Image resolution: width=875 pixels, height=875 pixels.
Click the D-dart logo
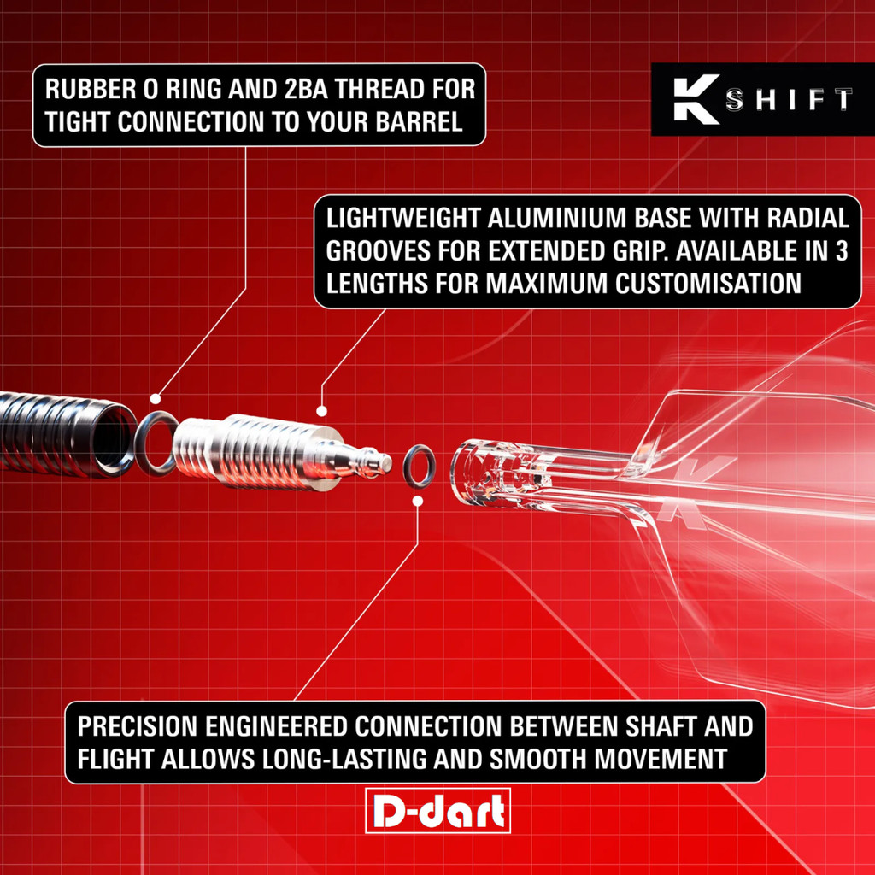click(x=438, y=810)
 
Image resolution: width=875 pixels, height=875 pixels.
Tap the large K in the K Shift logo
click(x=696, y=99)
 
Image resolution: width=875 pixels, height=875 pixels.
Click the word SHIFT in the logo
click(x=789, y=99)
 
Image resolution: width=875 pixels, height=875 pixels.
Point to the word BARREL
click(x=419, y=121)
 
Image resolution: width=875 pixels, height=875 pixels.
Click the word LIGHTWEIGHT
click(x=403, y=218)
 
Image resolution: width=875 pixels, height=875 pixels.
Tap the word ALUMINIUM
click(x=558, y=218)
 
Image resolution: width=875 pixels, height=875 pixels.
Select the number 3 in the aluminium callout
click(x=842, y=251)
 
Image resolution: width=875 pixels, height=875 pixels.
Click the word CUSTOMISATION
click(x=708, y=284)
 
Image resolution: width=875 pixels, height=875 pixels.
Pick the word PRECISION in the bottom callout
click(x=138, y=726)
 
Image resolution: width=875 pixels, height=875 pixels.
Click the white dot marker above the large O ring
click(x=156, y=398)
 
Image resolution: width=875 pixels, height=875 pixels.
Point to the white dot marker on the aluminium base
click(x=321, y=411)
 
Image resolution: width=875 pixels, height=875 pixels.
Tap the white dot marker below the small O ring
click(x=417, y=501)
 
